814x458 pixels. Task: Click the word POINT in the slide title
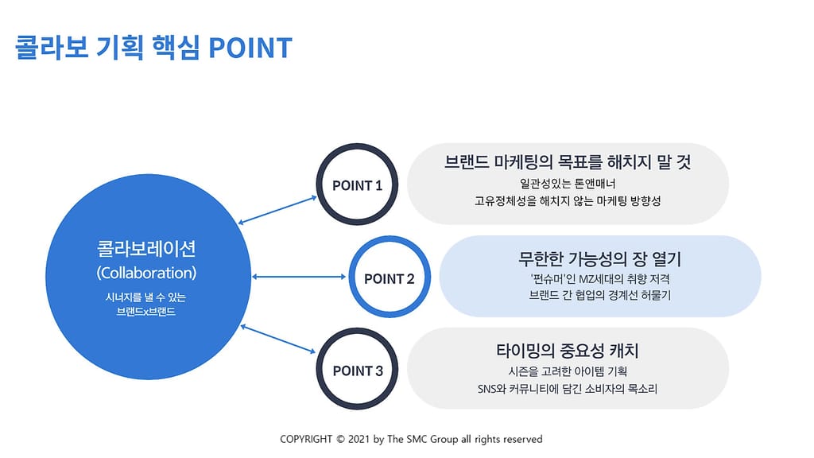(x=250, y=48)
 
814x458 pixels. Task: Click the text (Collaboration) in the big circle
(x=146, y=274)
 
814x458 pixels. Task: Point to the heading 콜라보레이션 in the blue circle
(x=146, y=249)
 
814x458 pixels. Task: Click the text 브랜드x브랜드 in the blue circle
(x=146, y=312)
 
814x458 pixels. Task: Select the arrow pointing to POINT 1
(x=277, y=210)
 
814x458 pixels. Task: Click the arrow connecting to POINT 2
(x=299, y=277)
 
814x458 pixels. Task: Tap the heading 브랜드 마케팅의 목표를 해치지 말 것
(x=568, y=162)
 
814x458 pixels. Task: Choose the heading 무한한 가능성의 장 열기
(x=599, y=258)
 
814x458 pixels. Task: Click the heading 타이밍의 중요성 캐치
(x=568, y=351)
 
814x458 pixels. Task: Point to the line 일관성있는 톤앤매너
(x=568, y=184)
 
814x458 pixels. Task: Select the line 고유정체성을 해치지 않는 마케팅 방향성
(x=568, y=201)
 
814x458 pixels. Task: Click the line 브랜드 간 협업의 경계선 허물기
(x=599, y=296)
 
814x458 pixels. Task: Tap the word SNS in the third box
(x=487, y=389)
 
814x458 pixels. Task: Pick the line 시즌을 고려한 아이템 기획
(x=568, y=371)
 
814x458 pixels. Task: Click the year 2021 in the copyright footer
(x=359, y=439)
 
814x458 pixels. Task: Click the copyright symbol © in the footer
(x=340, y=439)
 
